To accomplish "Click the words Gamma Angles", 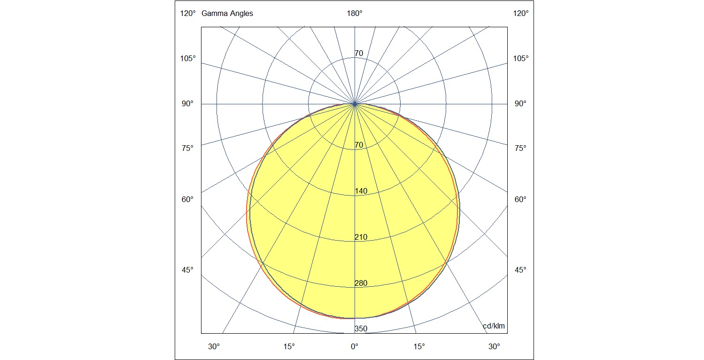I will [227, 14].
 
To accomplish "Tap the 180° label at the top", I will [355, 14].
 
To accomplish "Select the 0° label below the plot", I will [355, 347].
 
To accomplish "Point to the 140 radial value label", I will [361, 191].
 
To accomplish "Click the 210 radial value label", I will [361, 237].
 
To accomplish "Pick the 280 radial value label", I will [361, 283].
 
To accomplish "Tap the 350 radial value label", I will [361, 329].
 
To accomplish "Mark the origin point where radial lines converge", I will [355, 104].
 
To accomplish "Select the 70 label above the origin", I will [359, 54].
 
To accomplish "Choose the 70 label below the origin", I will [359, 145].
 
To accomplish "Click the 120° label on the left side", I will [188, 14].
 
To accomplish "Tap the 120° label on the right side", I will [521, 14].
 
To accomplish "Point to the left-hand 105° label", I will [188, 59].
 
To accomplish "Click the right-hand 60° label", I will [520, 200].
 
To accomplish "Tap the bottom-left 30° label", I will [214, 347].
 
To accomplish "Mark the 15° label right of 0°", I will [419, 347].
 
